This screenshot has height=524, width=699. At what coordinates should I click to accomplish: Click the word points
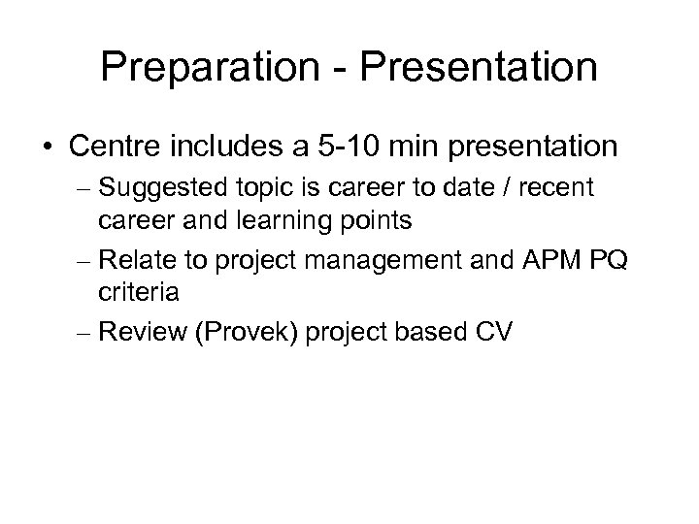(376, 221)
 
